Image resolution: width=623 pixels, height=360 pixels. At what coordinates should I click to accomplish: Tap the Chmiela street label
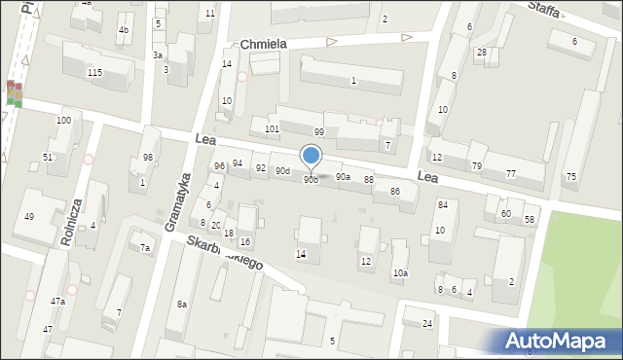pyautogui.click(x=264, y=45)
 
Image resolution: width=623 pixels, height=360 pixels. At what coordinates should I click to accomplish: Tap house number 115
pyautogui.click(x=94, y=73)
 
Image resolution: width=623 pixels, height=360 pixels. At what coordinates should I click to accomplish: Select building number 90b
pyautogui.click(x=311, y=180)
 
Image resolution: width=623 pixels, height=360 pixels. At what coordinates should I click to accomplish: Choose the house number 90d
pyautogui.click(x=282, y=171)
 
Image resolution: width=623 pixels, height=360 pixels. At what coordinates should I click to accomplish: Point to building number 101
pyautogui.click(x=273, y=128)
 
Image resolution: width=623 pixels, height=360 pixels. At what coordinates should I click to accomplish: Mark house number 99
pyautogui.click(x=318, y=131)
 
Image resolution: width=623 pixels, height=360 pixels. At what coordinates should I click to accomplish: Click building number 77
pyautogui.click(x=511, y=173)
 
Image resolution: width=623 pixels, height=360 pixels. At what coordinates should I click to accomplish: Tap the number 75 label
pyautogui.click(x=571, y=176)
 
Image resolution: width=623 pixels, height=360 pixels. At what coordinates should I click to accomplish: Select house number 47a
pyautogui.click(x=57, y=302)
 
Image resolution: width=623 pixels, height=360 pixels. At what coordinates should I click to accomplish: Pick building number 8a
pyautogui.click(x=181, y=305)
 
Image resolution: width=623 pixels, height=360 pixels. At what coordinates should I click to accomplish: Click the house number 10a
pyautogui.click(x=400, y=273)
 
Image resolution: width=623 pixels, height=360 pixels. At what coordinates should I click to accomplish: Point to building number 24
pyautogui.click(x=427, y=323)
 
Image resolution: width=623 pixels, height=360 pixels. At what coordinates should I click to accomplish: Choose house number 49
pyautogui.click(x=29, y=216)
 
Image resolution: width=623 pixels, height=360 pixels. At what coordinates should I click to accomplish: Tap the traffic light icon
pyautogui.click(x=14, y=93)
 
